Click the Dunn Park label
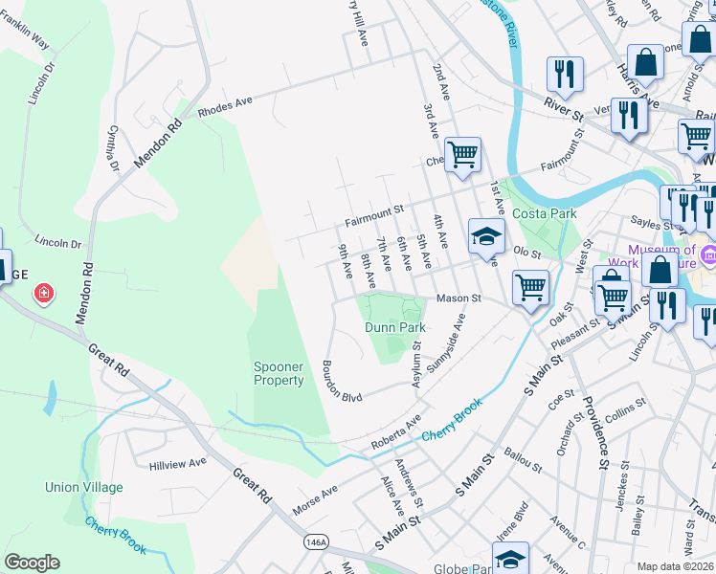394,327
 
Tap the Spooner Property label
279,373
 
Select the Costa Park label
544,213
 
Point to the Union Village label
83,487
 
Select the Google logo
32,563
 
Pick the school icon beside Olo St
486,236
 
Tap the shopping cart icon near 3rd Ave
462,153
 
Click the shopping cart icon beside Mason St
530,286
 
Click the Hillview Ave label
178,462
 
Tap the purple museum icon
708,254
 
